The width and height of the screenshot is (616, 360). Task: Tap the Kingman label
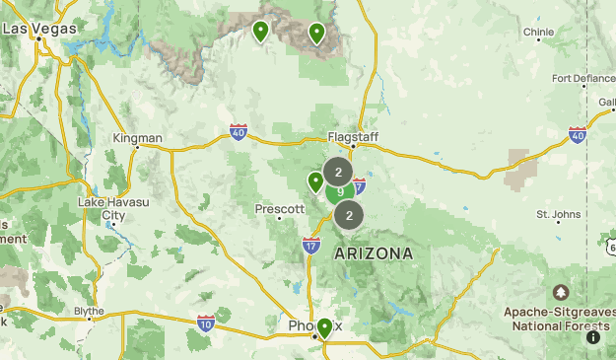[137, 138]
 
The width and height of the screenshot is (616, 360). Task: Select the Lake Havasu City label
[113, 208]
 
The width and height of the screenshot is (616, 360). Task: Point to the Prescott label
[279, 209]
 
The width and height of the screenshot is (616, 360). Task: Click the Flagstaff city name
[352, 137]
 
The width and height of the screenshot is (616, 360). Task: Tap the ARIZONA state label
[374, 253]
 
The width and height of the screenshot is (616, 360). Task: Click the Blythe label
[89, 311]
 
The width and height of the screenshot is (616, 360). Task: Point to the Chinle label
[538, 32]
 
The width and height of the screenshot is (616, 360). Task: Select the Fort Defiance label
[582, 79]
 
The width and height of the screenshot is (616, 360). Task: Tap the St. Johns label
[558, 213]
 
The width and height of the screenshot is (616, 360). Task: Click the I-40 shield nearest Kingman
[239, 131]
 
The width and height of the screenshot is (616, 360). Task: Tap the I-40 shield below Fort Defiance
[578, 134]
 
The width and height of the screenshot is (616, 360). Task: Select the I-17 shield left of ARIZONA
[311, 246]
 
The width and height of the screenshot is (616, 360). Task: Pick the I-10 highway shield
[206, 323]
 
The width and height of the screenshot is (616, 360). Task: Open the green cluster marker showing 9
[340, 192]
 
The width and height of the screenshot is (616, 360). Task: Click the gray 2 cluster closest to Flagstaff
[338, 172]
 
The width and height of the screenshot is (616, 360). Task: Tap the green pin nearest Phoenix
[324, 327]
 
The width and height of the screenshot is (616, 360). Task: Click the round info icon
[593, 337]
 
